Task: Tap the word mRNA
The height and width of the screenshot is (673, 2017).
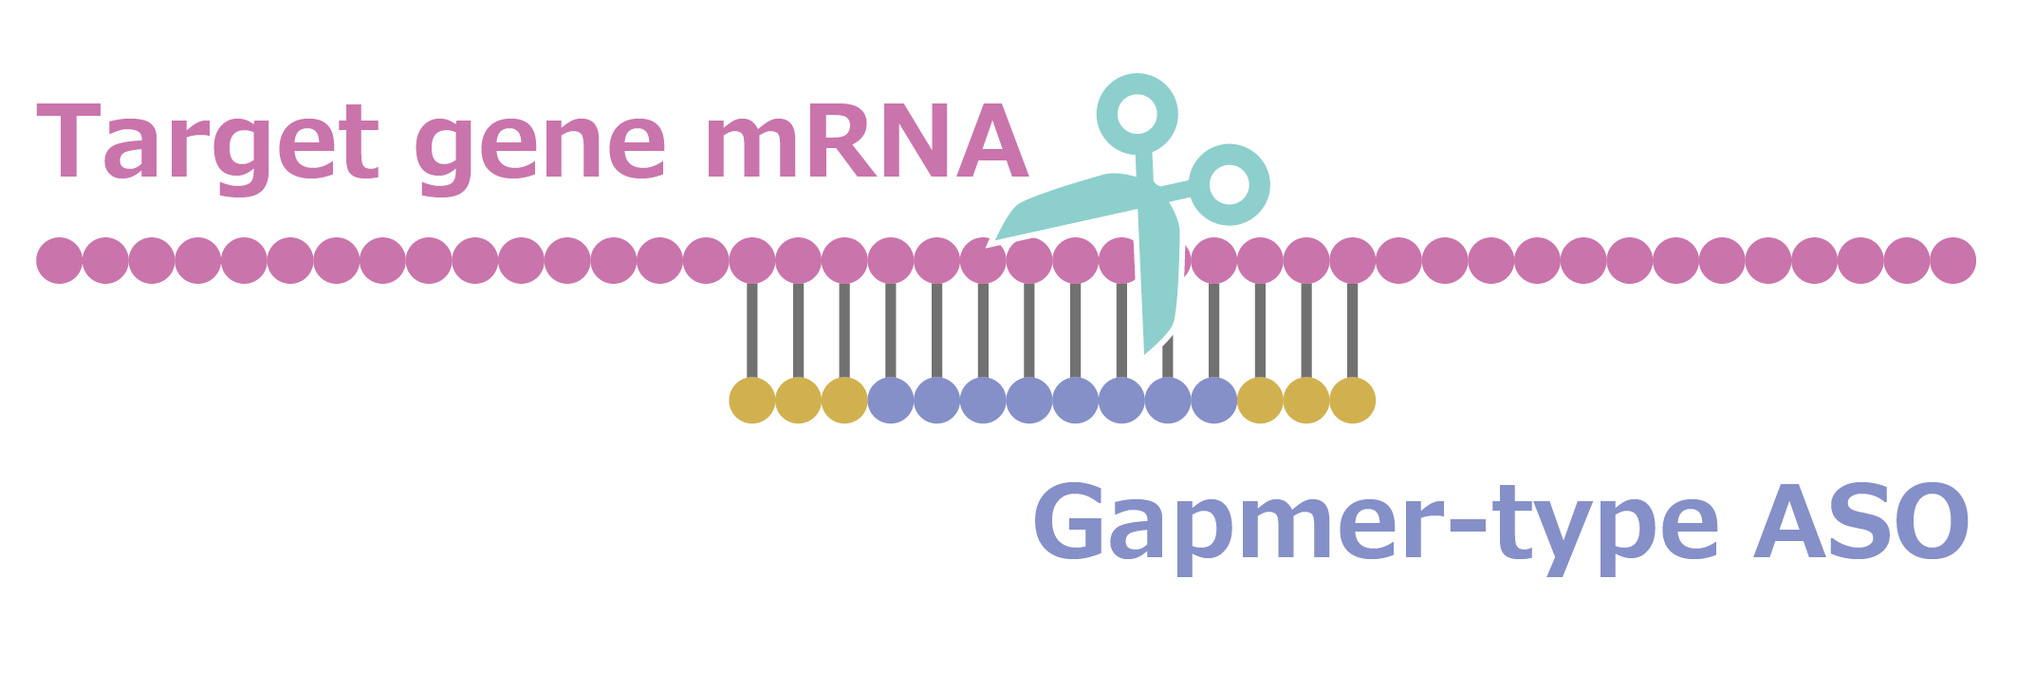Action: tap(865, 142)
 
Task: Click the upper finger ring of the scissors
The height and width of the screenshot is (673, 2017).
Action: tap(1137, 114)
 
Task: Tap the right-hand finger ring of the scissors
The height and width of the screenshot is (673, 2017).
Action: tap(1230, 184)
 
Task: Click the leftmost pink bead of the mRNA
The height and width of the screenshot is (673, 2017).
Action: tap(59, 260)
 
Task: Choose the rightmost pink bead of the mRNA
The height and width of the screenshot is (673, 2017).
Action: tap(1952, 260)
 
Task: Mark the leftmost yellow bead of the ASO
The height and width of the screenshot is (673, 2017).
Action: tap(751, 401)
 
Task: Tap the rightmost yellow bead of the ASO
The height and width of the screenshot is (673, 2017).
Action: tap(1352, 401)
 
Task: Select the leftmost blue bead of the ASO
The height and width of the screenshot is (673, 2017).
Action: tap(890, 401)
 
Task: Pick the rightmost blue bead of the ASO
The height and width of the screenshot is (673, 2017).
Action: tap(1213, 401)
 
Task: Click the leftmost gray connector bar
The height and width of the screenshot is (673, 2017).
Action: tap(751, 330)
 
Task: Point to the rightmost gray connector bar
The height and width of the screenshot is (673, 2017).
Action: tap(1352, 330)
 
